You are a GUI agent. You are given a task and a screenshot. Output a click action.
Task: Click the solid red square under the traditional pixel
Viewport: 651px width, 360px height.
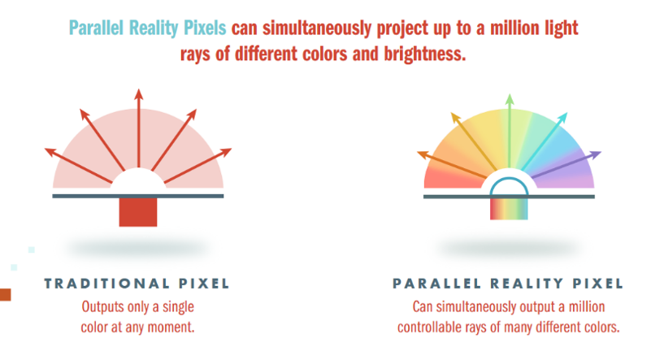tap(138, 212)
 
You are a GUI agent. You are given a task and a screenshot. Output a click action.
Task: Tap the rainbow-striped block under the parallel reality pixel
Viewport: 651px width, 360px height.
tap(509, 209)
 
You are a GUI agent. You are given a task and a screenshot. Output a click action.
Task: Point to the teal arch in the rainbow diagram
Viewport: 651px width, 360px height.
tap(509, 179)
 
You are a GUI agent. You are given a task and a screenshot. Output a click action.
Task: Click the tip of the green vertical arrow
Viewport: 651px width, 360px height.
tap(510, 94)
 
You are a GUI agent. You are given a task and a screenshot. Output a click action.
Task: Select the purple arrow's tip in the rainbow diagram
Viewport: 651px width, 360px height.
tap(601, 153)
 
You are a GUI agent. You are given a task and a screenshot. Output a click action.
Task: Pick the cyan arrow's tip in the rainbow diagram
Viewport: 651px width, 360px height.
tap(567, 113)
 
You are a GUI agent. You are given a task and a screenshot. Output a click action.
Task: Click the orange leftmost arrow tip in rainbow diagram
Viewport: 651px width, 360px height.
tap(418, 153)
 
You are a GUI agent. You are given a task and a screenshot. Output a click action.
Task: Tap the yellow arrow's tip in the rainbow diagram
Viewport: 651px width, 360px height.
tap(451, 113)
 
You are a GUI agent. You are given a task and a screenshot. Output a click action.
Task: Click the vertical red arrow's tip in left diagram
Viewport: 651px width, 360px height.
tap(139, 89)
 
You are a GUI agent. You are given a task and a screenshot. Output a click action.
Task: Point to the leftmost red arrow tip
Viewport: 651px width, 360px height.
tap(46, 149)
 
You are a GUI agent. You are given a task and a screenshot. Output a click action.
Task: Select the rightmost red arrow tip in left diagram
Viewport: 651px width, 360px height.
tap(232, 149)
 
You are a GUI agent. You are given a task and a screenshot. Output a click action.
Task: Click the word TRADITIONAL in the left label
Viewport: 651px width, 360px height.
tap(106, 284)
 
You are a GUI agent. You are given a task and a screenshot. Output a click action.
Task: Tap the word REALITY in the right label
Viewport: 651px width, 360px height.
tap(527, 284)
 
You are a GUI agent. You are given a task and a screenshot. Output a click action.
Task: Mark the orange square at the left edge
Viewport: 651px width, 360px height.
tap(6, 295)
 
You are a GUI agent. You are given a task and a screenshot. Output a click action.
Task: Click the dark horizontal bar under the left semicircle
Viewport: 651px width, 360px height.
tap(138, 196)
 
